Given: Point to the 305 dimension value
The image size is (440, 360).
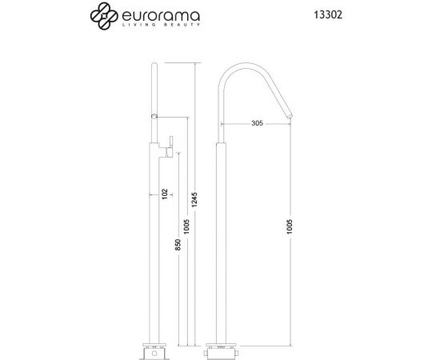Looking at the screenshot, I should (257, 122).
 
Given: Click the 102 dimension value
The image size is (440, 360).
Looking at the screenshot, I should (165, 194).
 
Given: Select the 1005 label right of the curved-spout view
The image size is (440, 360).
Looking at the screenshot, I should (290, 228).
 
